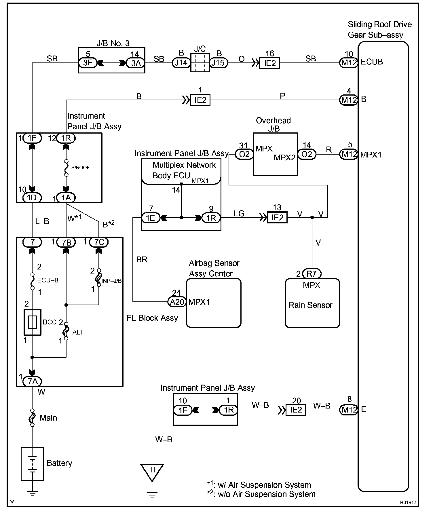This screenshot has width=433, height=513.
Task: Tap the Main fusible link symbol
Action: pyautogui.click(x=33, y=417)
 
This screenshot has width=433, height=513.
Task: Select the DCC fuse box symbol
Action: pyautogui.click(x=33, y=322)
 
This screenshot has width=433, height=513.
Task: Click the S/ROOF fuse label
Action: pyautogui.click(x=80, y=168)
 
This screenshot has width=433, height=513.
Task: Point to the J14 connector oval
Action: pyautogui.click(x=181, y=62)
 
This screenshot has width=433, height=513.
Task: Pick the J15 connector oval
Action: pyautogui.click(x=219, y=62)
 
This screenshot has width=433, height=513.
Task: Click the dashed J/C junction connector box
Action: pyautogui.click(x=200, y=62)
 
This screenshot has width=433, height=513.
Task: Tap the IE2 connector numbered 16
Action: pyautogui.click(x=269, y=63)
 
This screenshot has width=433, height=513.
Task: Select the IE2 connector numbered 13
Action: pyautogui.click(x=277, y=217)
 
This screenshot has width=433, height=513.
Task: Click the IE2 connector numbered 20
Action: pyautogui.click(x=296, y=410)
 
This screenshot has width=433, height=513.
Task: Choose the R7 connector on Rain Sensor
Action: pyautogui.click(x=312, y=273)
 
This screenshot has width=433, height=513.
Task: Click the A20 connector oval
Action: pyautogui.click(x=177, y=302)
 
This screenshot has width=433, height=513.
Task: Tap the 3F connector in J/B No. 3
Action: pyautogui.click(x=88, y=63)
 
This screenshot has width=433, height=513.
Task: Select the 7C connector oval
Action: pyautogui.click(x=99, y=242)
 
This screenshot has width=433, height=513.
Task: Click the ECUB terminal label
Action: pyautogui.click(x=372, y=62)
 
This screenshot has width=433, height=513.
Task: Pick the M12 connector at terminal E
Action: pyautogui.click(x=349, y=410)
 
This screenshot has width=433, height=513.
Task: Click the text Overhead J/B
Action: pyautogui.click(x=274, y=124)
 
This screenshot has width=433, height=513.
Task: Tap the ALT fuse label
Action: pyautogui.click(x=78, y=332)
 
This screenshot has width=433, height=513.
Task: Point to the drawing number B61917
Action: pyautogui.click(x=408, y=502)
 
